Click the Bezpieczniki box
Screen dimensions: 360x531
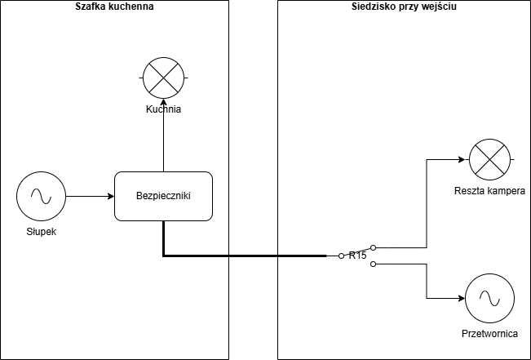163,196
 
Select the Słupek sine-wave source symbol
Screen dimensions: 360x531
40,196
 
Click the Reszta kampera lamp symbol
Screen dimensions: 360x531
489,159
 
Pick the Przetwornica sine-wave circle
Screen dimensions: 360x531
489,298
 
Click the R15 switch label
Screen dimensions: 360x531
358,256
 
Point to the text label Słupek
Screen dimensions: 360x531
40,233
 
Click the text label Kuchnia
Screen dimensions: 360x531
163,109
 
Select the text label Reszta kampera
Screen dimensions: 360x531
489,191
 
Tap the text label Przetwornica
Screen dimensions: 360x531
489,335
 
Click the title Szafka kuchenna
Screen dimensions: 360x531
114,7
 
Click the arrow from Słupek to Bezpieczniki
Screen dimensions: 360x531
89,197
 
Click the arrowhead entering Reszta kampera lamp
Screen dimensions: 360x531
464,159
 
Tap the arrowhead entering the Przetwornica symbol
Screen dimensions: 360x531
460,298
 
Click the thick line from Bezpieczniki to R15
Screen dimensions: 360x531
245,256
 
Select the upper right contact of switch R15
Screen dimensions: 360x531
374,247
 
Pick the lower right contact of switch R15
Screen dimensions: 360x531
374,264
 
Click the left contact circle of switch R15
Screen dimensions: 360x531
341,256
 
